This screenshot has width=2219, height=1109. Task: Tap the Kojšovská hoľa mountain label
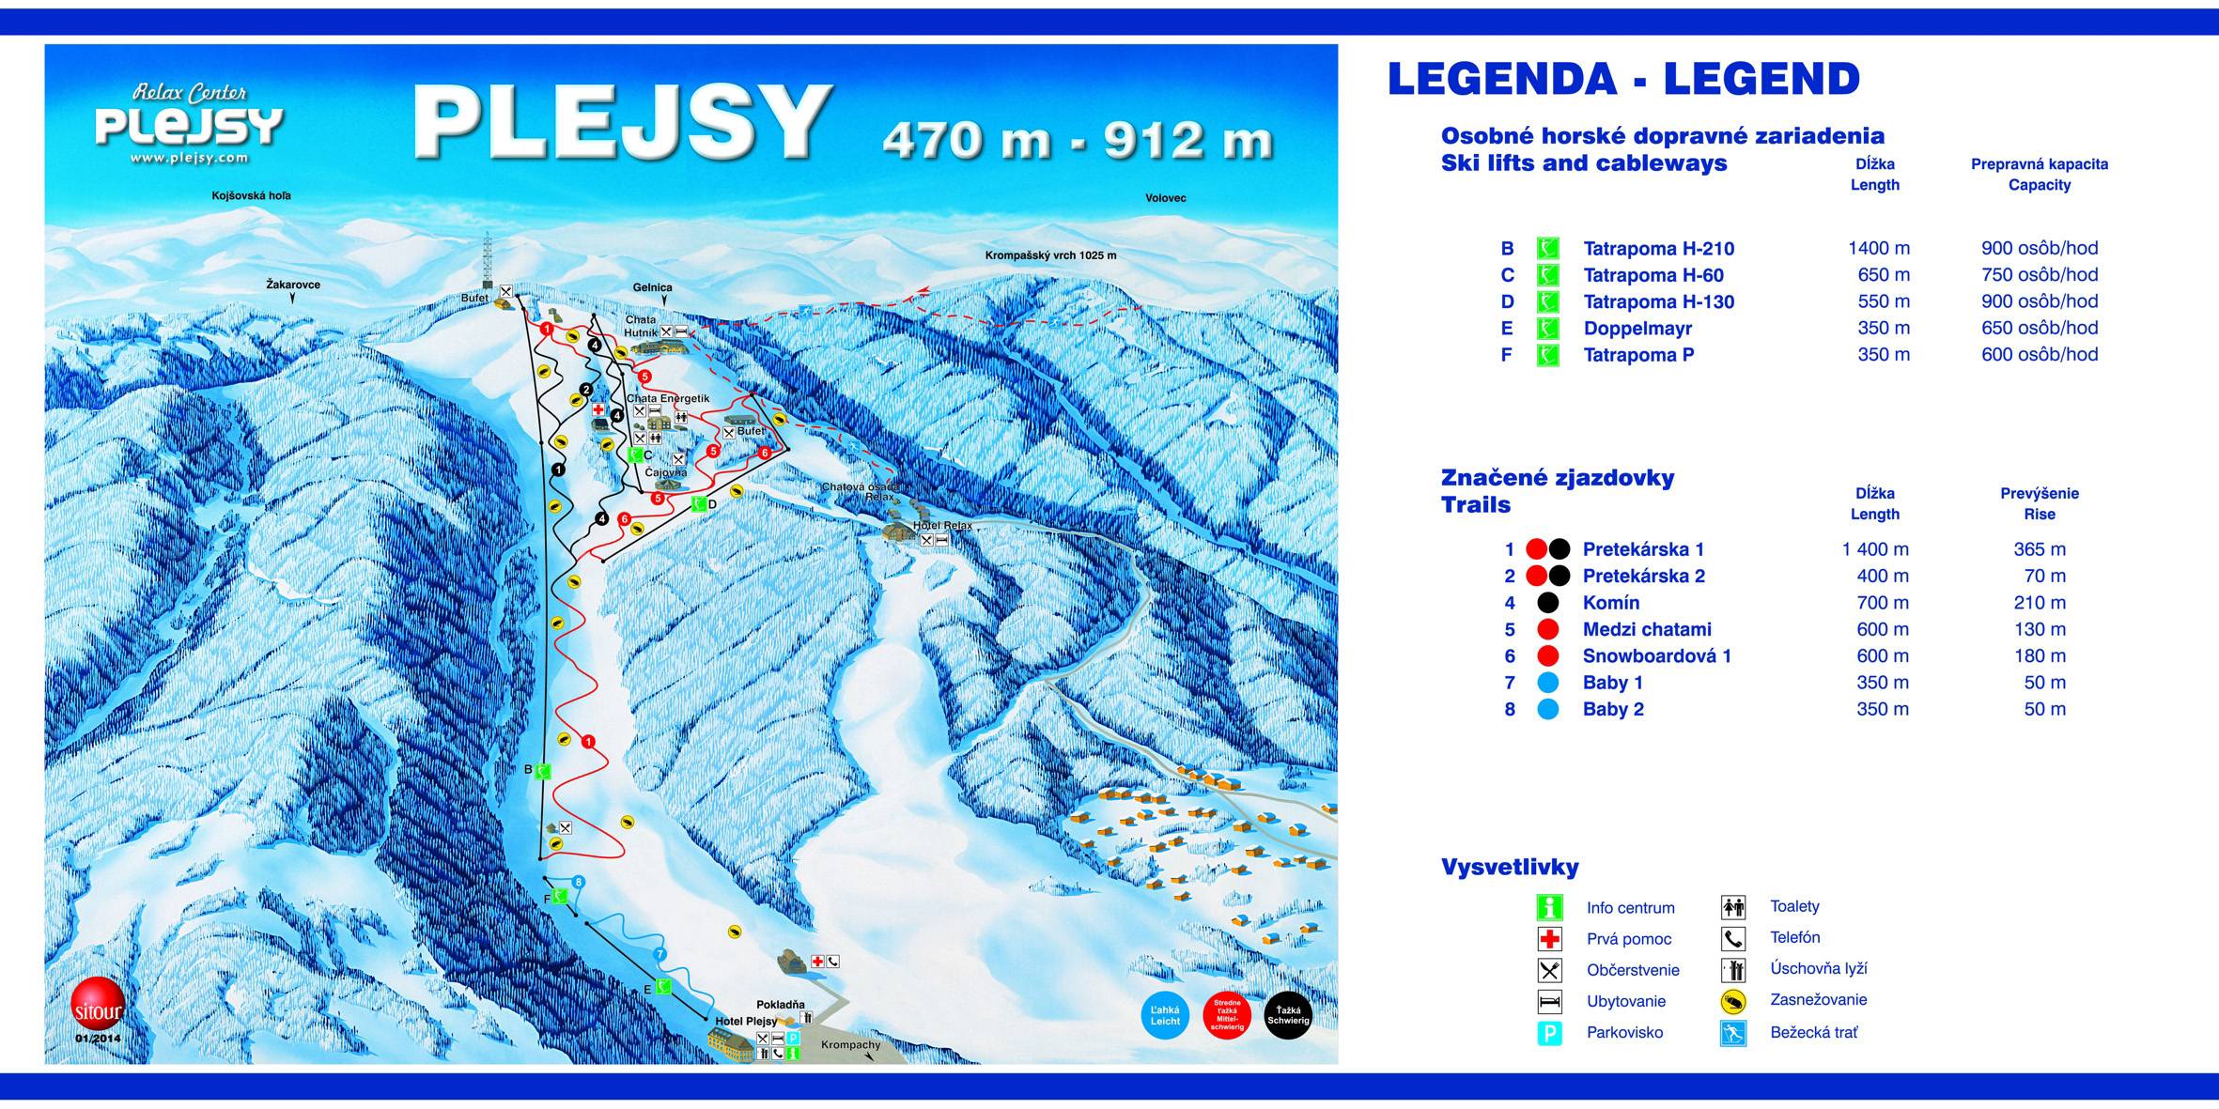pyautogui.click(x=251, y=195)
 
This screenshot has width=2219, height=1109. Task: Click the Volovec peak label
pyautogui.click(x=1165, y=198)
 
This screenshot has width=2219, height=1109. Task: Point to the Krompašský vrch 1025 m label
pyautogui.click(x=1050, y=255)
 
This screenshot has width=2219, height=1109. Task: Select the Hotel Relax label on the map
pyautogui.click(x=941, y=526)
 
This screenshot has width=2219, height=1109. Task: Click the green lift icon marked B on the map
pyautogui.click(x=542, y=771)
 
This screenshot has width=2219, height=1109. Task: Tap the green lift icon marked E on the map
pyautogui.click(x=663, y=986)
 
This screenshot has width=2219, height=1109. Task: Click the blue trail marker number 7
pyautogui.click(x=660, y=954)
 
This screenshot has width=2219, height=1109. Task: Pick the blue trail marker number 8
pyautogui.click(x=579, y=882)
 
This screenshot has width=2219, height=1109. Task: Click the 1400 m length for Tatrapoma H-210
pyautogui.click(x=1878, y=249)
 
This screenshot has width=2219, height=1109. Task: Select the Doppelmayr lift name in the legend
pyautogui.click(x=1637, y=329)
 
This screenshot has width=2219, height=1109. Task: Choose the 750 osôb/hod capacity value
pyautogui.click(x=2039, y=275)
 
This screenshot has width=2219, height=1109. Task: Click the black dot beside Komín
pyautogui.click(x=1547, y=603)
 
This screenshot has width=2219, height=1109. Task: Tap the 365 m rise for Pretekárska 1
pyautogui.click(x=2039, y=549)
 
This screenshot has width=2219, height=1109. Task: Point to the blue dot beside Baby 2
pyautogui.click(x=1547, y=710)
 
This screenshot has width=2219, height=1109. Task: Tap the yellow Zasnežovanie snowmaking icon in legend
pyautogui.click(x=1733, y=1001)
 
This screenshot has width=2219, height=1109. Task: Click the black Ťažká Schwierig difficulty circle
pyautogui.click(x=1287, y=1016)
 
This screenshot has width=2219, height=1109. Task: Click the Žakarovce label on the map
pyautogui.click(x=293, y=284)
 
